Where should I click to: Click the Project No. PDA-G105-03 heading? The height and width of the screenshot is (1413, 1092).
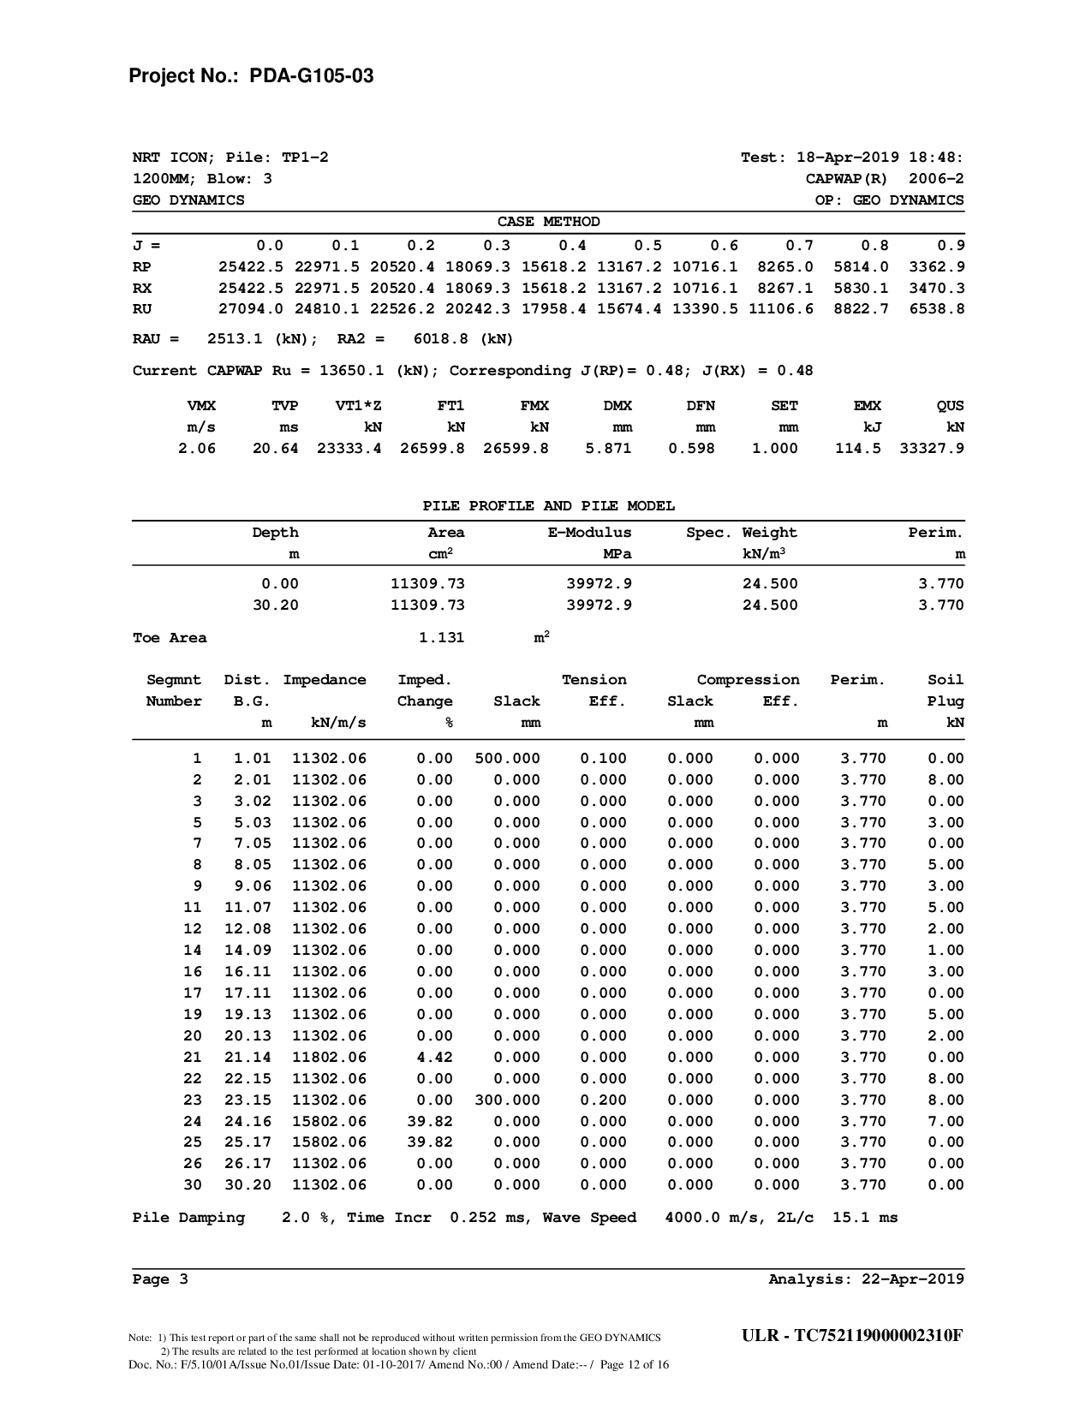point(250,76)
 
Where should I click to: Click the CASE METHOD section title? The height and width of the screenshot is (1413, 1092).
point(548,222)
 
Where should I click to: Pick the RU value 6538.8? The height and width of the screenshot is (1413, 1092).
point(937,308)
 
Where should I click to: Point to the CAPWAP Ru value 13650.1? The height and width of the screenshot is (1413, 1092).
point(356,371)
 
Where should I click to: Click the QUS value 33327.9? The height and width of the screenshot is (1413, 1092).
point(932,448)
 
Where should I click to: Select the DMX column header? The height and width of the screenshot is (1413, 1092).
point(617,406)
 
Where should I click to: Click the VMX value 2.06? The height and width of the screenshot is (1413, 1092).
point(197,448)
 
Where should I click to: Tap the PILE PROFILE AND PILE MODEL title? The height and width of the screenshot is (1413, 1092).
point(548,506)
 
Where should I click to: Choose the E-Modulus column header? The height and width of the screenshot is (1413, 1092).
point(589,533)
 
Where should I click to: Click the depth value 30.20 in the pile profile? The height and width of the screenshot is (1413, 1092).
point(276,605)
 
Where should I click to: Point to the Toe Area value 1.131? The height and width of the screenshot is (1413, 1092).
point(441,637)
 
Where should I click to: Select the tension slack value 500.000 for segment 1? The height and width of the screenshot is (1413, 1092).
point(507,758)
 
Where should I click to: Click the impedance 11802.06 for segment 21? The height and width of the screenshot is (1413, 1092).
point(329,1057)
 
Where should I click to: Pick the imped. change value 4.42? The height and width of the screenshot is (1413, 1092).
point(434,1057)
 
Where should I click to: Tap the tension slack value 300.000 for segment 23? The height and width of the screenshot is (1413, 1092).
point(507,1100)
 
